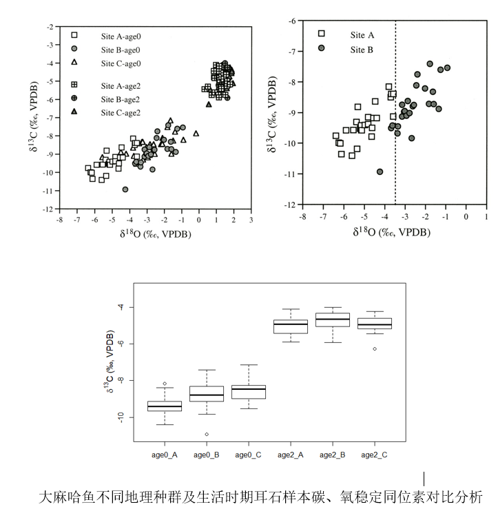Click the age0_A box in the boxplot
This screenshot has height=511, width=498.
pyautogui.click(x=164, y=406)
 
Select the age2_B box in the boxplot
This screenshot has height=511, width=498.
pyautogui.click(x=333, y=320)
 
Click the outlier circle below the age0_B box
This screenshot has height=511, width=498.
pyautogui.click(x=207, y=435)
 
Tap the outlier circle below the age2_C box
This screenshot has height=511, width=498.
pyautogui.click(x=375, y=349)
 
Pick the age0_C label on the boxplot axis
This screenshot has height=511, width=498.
pyautogui.click(x=249, y=455)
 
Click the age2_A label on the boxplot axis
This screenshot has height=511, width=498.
pyautogui.click(x=291, y=455)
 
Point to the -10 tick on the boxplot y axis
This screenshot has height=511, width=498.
pyautogui.click(x=121, y=417)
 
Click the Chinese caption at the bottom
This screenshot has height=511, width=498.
pyautogui.click(x=260, y=497)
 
